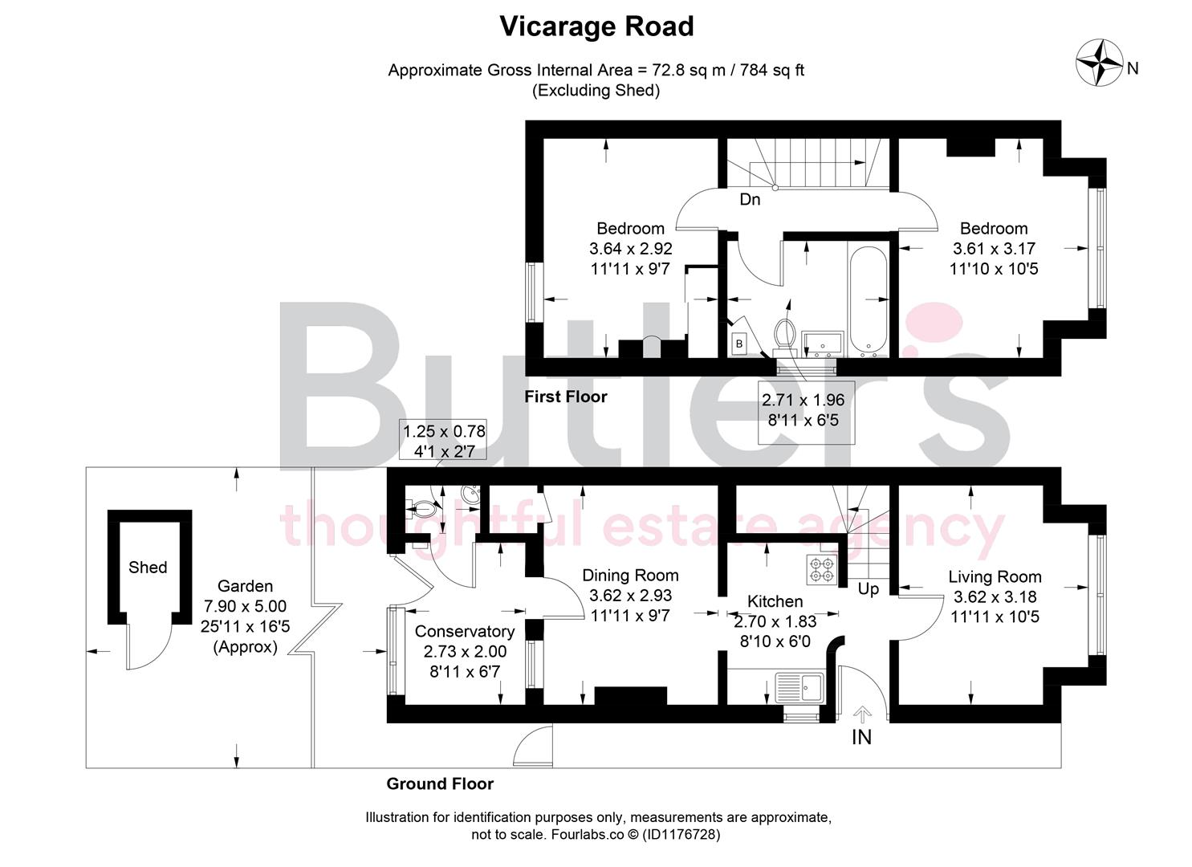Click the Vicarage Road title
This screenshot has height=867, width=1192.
tap(596, 26)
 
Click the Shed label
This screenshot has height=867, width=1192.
tap(148, 568)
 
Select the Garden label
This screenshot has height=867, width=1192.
tap(246, 586)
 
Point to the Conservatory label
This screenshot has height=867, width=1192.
tap(465, 631)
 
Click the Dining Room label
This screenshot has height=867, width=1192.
tap(630, 576)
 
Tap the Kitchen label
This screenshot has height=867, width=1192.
tap(775, 601)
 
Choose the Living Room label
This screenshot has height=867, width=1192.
tap(995, 577)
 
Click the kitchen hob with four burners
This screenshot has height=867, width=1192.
tap(822, 569)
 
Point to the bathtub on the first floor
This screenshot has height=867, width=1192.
tap(869, 302)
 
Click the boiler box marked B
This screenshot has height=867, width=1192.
tap(738, 344)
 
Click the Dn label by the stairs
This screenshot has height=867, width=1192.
tap(750, 200)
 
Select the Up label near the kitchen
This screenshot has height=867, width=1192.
tap(869, 589)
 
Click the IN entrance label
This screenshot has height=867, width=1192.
tap(861, 737)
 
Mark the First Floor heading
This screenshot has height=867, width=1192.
tap(566, 397)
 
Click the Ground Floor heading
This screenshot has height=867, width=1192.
tap(440, 784)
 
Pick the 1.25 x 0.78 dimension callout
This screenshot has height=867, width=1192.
tap(444, 442)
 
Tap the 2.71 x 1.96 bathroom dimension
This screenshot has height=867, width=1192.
tap(803, 409)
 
